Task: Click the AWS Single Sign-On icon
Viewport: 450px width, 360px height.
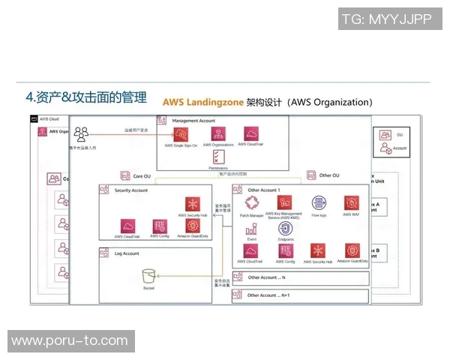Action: point(181,136)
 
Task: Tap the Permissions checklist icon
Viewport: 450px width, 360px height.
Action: point(217,157)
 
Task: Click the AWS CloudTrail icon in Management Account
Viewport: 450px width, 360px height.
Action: point(250,134)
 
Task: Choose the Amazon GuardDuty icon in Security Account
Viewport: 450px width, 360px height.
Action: point(193,226)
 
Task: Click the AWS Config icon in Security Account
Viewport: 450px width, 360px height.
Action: point(158,226)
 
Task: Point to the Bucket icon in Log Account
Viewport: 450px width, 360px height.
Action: point(149,275)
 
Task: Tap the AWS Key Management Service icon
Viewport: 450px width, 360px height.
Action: point(284,202)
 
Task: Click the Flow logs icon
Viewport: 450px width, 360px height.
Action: point(319,202)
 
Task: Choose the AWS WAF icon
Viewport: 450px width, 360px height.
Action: point(351,202)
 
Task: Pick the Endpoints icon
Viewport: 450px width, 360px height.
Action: point(286,229)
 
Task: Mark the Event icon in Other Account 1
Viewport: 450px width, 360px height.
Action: point(252,229)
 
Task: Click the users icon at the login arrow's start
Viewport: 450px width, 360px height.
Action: point(82,135)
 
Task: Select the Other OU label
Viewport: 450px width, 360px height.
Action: point(329,175)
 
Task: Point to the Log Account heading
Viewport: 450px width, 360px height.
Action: point(120,253)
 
